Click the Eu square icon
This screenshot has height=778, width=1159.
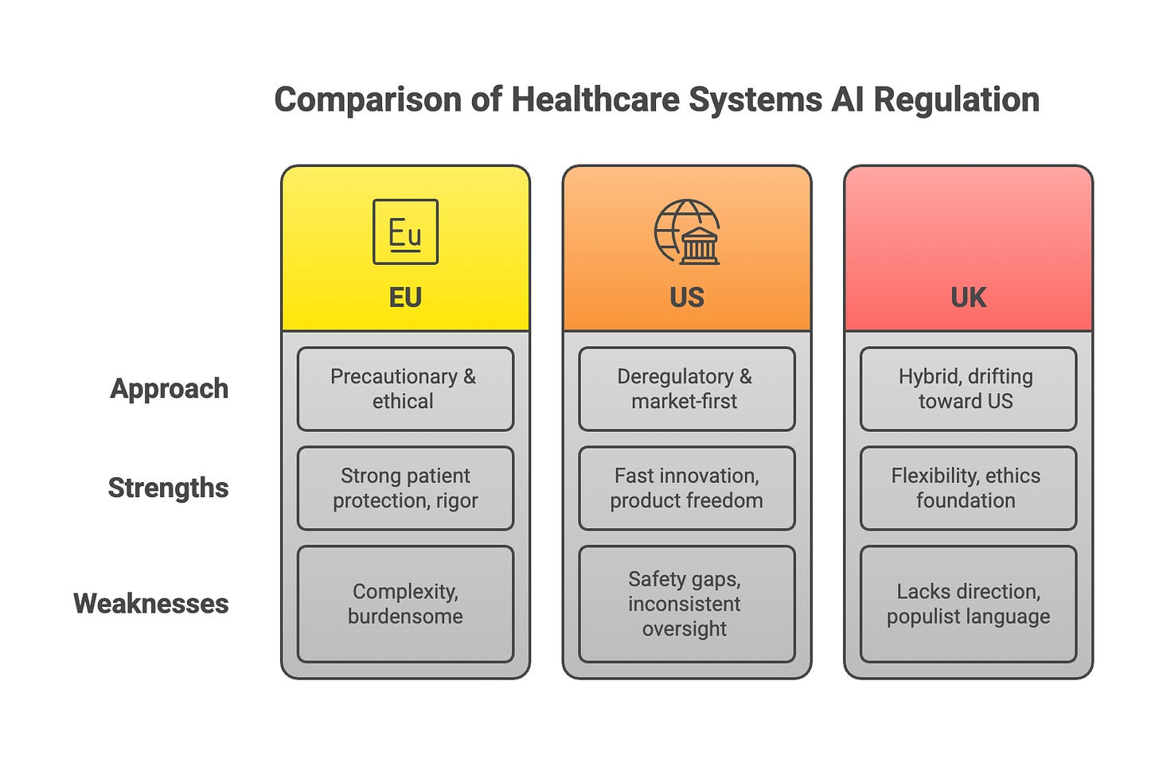click(x=405, y=231)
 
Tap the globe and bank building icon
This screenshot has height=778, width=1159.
click(x=687, y=231)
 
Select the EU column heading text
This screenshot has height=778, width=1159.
click(x=405, y=298)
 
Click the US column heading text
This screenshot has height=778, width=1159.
click(x=687, y=298)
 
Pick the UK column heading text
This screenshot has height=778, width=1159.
click(x=968, y=298)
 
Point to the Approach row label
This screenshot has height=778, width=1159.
click(x=169, y=388)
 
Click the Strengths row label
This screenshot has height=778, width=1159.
click(x=168, y=488)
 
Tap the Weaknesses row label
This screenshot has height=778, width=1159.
click(x=150, y=603)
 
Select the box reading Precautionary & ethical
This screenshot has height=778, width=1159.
click(x=405, y=389)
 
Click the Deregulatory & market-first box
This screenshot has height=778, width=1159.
click(x=686, y=389)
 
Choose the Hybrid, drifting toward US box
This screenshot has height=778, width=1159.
click(x=968, y=389)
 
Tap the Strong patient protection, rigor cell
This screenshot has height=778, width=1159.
click(x=405, y=488)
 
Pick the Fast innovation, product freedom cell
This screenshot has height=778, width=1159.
click(x=686, y=488)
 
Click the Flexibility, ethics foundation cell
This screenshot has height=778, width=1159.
click(x=968, y=488)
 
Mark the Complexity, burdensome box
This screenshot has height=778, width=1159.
click(x=405, y=604)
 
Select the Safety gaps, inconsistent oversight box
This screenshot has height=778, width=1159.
click(x=686, y=604)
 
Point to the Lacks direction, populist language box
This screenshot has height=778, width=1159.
click(x=968, y=604)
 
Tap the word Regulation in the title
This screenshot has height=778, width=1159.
click(x=956, y=100)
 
